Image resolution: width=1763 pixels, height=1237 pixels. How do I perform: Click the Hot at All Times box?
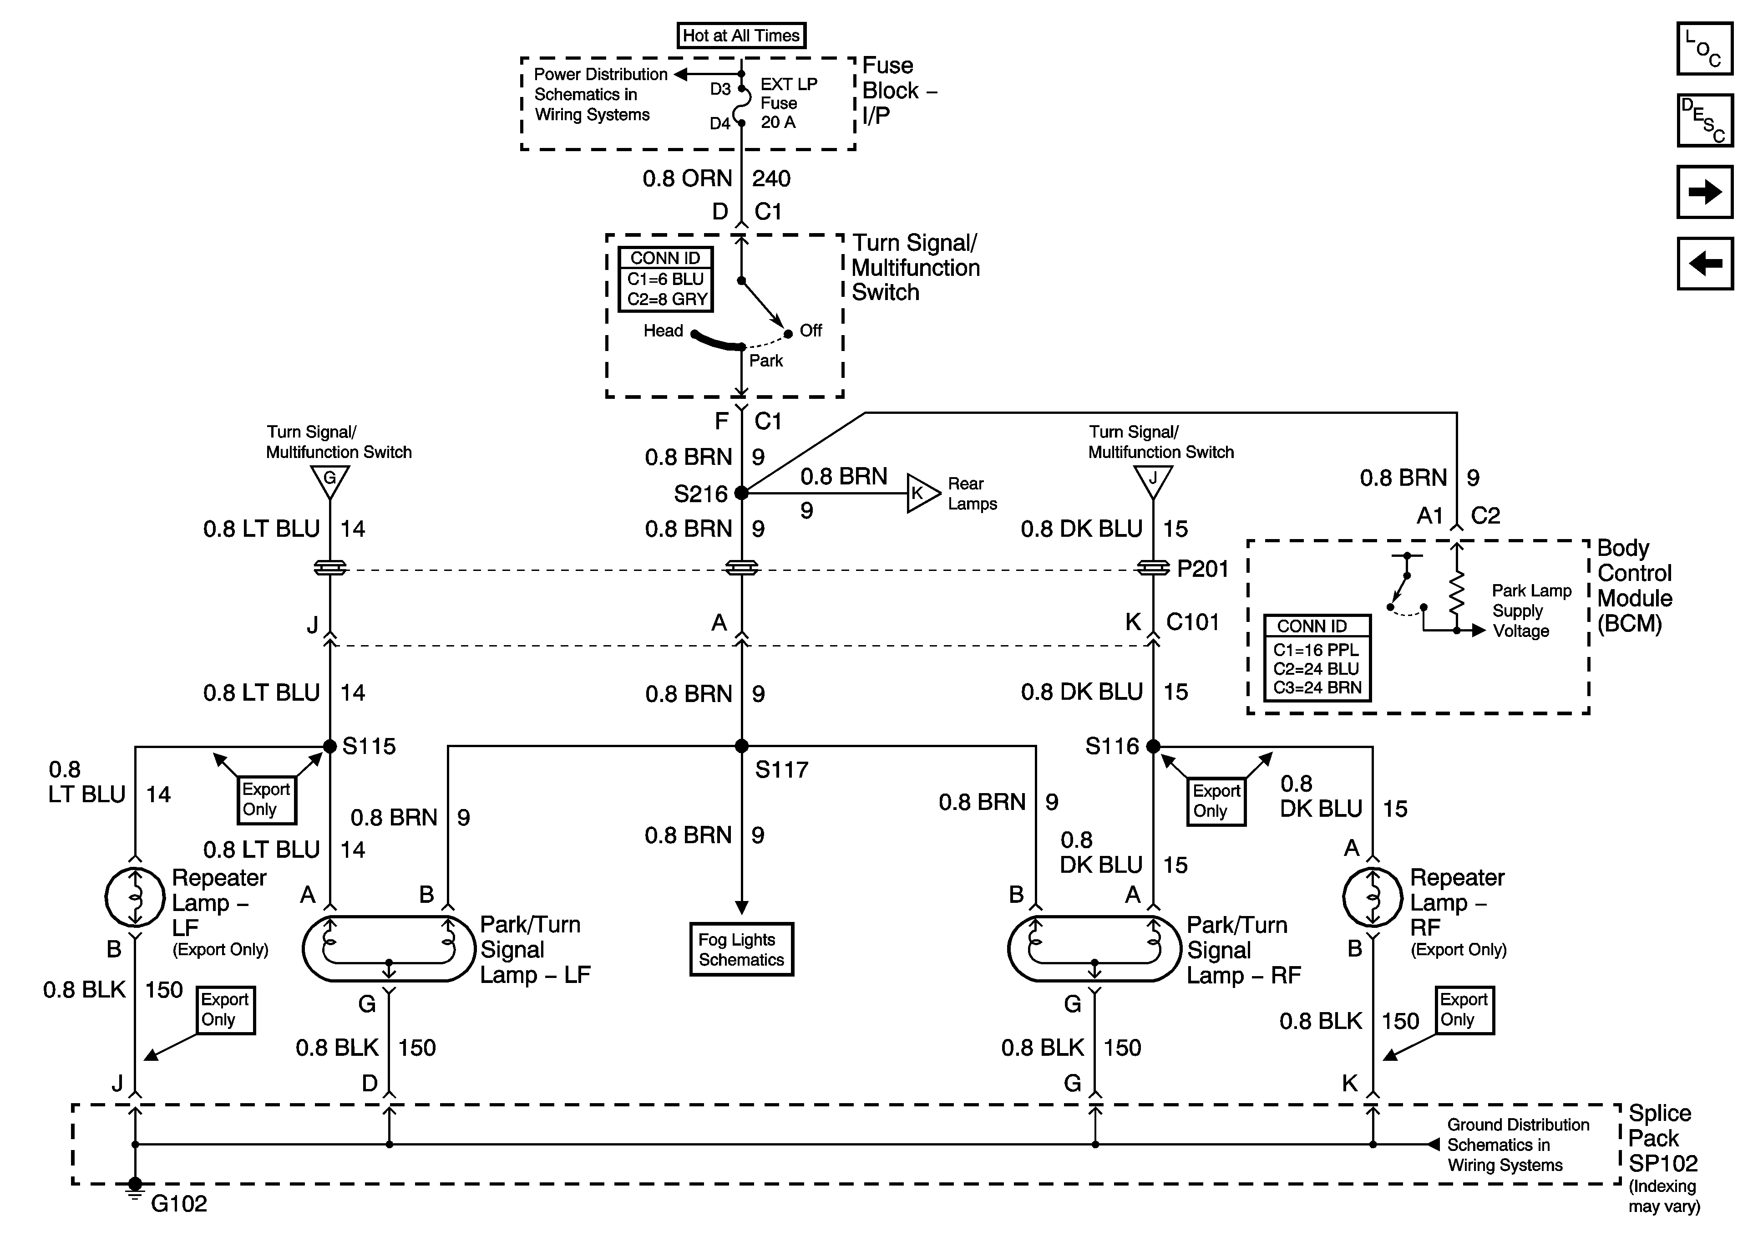(x=741, y=36)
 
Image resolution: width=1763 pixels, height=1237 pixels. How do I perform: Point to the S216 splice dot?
(x=741, y=493)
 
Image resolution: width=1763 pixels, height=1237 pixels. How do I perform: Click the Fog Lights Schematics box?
(x=741, y=950)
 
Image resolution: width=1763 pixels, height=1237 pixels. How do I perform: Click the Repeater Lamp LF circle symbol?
(x=134, y=896)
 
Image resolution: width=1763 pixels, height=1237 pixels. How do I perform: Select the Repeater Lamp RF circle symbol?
(x=1372, y=896)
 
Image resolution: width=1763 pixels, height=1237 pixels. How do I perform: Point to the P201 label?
(x=1202, y=569)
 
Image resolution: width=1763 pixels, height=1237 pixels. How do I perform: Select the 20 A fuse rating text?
(x=778, y=122)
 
